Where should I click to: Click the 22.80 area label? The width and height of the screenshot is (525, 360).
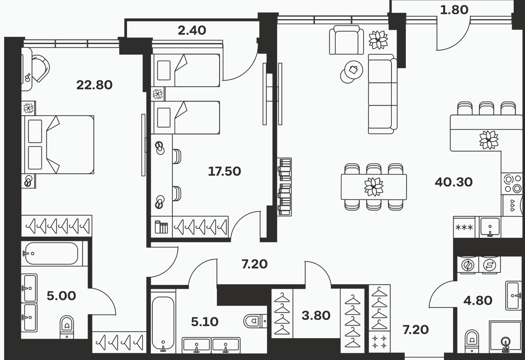click(94, 85)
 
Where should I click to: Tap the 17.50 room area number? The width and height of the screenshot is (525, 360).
click(224, 172)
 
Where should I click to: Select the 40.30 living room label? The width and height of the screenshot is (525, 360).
click(453, 182)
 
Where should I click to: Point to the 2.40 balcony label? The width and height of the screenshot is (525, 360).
click(192, 31)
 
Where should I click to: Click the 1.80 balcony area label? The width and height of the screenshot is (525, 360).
click(454, 10)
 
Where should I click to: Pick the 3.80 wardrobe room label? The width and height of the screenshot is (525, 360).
click(316, 316)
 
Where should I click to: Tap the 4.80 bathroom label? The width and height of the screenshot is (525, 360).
click(478, 300)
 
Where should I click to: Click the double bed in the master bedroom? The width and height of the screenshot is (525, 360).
click(58, 145)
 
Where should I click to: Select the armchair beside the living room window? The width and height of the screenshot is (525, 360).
click(346, 40)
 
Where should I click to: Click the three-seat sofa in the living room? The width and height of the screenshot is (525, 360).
click(382, 94)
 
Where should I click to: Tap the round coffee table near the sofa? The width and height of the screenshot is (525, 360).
click(353, 70)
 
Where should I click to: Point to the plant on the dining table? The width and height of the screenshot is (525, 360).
click(374, 187)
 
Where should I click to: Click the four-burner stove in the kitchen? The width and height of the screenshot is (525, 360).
click(512, 184)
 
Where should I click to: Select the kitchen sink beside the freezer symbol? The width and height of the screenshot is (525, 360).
click(490, 227)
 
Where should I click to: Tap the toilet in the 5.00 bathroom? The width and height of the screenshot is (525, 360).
click(67, 327)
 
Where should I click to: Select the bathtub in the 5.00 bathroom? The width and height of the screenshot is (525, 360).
click(52, 253)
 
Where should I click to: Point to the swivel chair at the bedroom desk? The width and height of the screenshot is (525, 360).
click(40, 68)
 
